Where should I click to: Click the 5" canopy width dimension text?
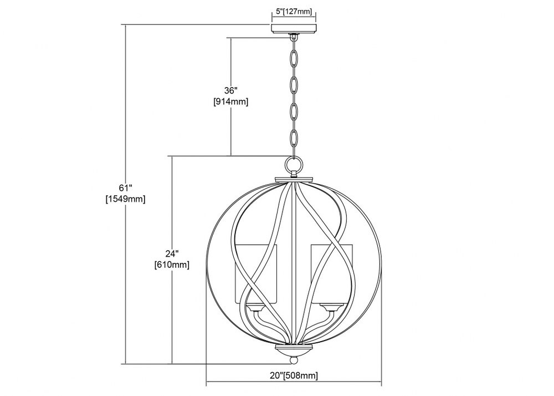pyautogui.click(x=294, y=12)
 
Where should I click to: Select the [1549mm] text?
pyautogui.click(x=125, y=199)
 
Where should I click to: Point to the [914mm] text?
pyautogui.click(x=230, y=102)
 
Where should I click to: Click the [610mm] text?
pyautogui.click(x=172, y=265)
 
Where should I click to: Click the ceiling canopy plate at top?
pyautogui.click(x=294, y=28)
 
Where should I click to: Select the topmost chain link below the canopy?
pyautogui.click(x=294, y=59)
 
